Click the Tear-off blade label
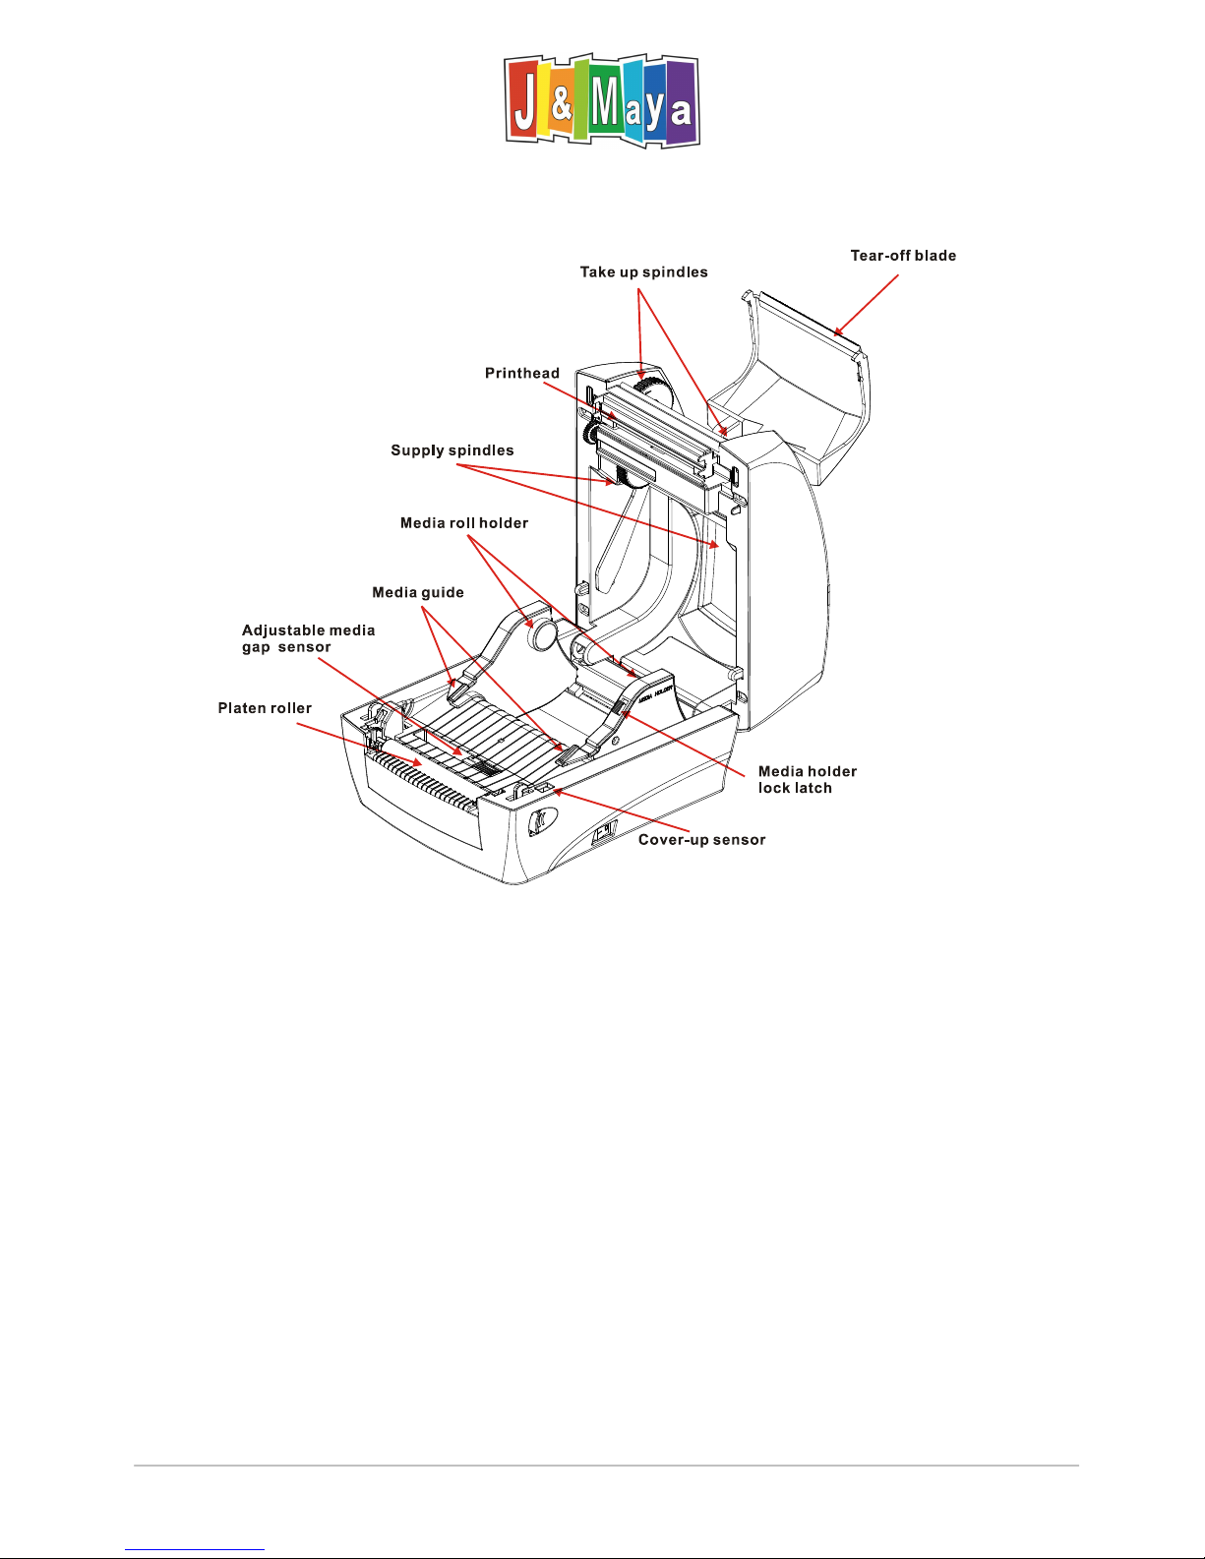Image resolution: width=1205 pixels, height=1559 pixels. click(903, 256)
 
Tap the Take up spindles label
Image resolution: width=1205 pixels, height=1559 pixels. click(643, 272)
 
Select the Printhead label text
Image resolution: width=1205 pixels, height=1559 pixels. click(521, 374)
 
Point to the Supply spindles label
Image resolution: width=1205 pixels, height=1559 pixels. click(452, 450)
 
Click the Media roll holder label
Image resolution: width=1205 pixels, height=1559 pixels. click(463, 523)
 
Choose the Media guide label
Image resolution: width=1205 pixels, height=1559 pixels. click(417, 593)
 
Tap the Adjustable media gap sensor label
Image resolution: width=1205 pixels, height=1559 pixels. click(308, 638)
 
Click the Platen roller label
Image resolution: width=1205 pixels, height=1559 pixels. click(265, 708)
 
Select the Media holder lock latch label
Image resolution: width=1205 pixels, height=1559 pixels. click(807, 779)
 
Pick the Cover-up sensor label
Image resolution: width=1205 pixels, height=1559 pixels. click(701, 840)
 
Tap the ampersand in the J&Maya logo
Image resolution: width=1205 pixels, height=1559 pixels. click(561, 105)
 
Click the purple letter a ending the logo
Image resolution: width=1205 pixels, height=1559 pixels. click(680, 110)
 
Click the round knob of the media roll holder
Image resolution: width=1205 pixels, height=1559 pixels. click(541, 634)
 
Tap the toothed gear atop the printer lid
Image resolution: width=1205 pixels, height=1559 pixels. click(648, 389)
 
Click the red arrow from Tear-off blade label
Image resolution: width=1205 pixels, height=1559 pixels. click(867, 305)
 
